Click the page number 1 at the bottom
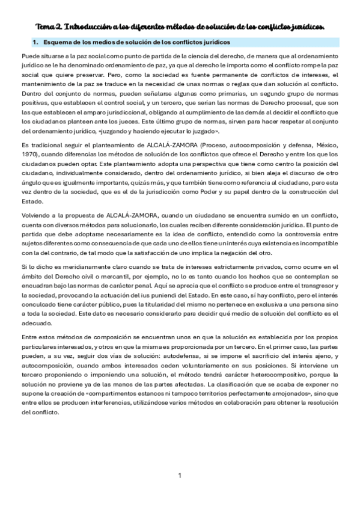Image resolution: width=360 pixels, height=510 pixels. click(180, 476)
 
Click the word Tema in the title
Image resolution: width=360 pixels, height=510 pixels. click(45, 26)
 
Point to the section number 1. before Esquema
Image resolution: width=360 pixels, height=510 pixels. click(35, 42)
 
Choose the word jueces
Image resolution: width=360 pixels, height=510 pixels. click(145, 120)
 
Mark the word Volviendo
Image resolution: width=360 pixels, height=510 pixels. click(36, 216)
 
